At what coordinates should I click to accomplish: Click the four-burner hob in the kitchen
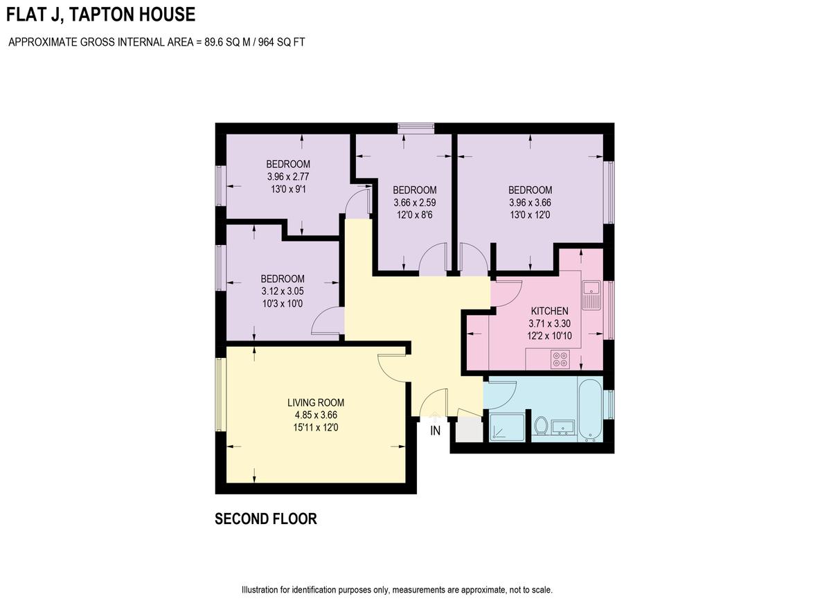click(560, 359)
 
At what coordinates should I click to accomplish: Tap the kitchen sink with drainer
click(591, 294)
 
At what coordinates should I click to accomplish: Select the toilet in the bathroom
click(542, 425)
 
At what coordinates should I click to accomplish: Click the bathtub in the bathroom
click(591, 411)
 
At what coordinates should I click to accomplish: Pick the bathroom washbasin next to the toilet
click(564, 426)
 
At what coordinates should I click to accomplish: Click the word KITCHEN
click(549, 311)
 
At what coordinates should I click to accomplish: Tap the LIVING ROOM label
click(316, 402)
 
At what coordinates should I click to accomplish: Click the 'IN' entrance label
click(435, 431)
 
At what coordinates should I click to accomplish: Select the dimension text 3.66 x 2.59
click(415, 203)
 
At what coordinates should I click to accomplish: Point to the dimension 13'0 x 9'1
click(288, 190)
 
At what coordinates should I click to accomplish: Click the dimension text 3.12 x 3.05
click(283, 291)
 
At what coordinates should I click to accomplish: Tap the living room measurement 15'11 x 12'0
click(316, 428)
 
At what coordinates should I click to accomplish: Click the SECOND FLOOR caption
click(266, 519)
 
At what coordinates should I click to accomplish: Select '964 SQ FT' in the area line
click(280, 42)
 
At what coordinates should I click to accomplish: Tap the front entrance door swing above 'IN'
click(433, 403)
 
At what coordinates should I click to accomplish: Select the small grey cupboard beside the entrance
click(468, 430)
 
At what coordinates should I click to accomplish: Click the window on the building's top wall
click(415, 127)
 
